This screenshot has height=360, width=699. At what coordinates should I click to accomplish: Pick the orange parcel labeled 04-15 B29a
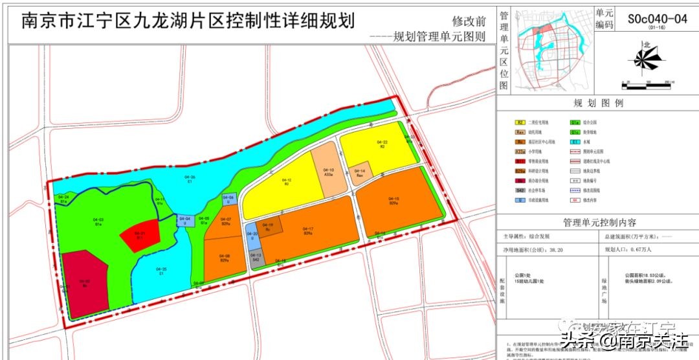(395, 201)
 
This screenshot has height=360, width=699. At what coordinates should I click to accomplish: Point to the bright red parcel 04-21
(139, 235)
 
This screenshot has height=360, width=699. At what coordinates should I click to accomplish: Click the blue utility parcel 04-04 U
(186, 221)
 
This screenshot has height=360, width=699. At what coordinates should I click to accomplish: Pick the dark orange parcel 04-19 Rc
(271, 227)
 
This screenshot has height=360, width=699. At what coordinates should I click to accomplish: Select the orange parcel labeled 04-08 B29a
(223, 259)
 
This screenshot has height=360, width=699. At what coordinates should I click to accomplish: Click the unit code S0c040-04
(656, 19)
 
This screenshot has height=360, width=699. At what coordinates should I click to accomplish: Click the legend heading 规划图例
(597, 104)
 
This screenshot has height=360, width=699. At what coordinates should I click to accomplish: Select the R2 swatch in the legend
(520, 121)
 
